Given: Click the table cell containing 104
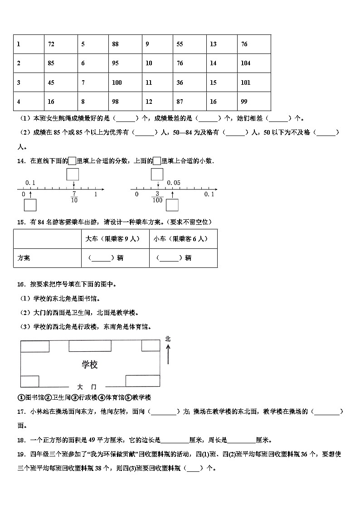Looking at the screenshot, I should coord(253,63).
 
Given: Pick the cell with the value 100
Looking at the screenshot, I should coord(125,82).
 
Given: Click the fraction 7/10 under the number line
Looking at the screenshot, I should coord(74,197).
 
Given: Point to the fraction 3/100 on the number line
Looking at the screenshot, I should coord(157,197).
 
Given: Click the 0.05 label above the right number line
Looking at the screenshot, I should coord(174,183).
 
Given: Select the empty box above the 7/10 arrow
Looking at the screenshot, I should coord(73,174).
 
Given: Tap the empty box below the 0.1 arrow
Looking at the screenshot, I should coord(30,205).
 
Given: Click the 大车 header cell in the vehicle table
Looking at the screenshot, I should coord(115,238).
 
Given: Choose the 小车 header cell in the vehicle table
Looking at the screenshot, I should coord(183,238).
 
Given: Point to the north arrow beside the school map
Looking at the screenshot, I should coord(168,354).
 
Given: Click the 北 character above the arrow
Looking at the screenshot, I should coord(168,339).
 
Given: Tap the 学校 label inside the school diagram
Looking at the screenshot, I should coord(90,364).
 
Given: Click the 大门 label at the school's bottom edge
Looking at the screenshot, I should coord(87,387).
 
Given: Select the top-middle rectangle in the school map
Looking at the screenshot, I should coord(90,346).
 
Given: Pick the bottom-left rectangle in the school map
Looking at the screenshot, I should coord(29,381).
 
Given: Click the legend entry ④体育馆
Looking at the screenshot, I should coord(111,398).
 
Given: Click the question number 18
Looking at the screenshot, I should coord(20,440).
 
